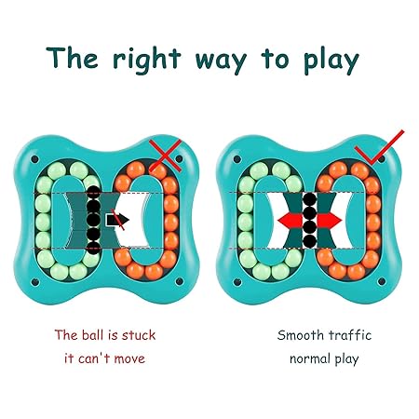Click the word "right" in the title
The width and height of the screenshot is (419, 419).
tap(146, 60)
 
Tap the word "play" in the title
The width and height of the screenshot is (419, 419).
tap(331, 61)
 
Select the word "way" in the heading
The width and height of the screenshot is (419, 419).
tap(221, 63)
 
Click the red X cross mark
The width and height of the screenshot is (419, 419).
tap(165, 155)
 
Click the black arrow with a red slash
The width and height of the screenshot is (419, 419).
tap(117, 220)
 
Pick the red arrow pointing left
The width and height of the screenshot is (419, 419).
tap(291, 221)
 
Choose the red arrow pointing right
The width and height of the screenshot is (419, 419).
tap(329, 221)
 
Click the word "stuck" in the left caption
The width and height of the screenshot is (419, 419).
tap(139, 335)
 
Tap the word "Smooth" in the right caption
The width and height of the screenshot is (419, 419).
tap(301, 335)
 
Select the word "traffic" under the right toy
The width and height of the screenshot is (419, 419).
tap(350, 335)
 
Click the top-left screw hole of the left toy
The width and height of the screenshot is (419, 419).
tap(34, 159)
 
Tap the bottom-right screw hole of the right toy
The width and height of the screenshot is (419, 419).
tap(382, 282)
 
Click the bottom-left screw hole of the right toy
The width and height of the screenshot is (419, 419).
tap(237, 282)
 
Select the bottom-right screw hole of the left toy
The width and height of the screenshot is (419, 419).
tap(179, 282)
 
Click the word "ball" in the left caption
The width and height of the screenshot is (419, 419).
tap(92, 335)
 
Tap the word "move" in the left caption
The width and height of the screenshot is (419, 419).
tap(129, 359)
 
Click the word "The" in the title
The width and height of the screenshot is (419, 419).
tap(72, 58)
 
